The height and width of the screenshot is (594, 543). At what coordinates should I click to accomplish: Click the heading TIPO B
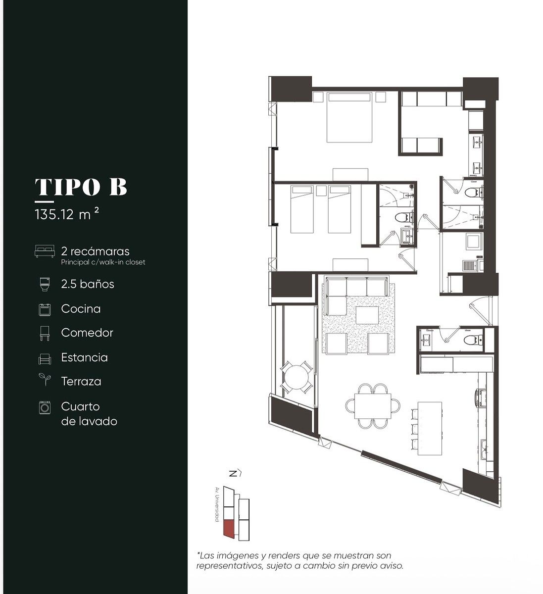tap(81, 187)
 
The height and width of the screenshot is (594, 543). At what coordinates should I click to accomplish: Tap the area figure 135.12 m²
tap(67, 214)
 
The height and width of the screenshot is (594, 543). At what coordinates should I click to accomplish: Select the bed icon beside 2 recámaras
tap(45, 251)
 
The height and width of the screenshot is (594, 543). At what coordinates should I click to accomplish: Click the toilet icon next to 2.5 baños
tap(45, 284)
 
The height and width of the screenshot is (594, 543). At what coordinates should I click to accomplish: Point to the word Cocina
tap(81, 309)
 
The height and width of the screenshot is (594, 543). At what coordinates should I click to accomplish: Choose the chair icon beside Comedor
tap(45, 334)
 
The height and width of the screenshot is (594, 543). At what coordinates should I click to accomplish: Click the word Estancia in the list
tap(85, 357)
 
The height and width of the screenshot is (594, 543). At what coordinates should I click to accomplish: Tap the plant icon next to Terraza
tap(45, 379)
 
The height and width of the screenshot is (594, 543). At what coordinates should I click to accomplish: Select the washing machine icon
tap(45, 407)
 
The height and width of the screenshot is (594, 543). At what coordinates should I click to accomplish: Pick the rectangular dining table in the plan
tap(373, 406)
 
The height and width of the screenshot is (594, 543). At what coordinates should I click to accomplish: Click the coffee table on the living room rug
tap(367, 315)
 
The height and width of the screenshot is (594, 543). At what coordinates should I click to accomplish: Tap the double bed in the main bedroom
tap(349, 117)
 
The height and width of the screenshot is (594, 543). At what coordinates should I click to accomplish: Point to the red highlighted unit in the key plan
tap(228, 528)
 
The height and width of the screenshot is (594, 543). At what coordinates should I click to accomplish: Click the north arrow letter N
tap(233, 474)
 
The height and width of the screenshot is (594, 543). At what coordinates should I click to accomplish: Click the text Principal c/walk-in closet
tap(103, 262)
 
